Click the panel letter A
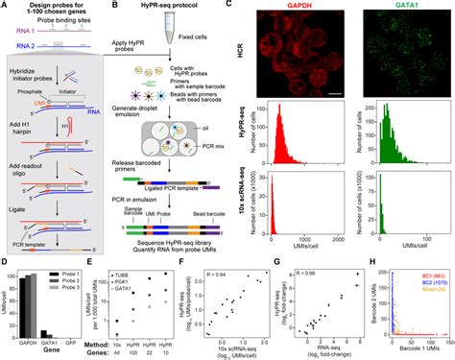tap(5, 6)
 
